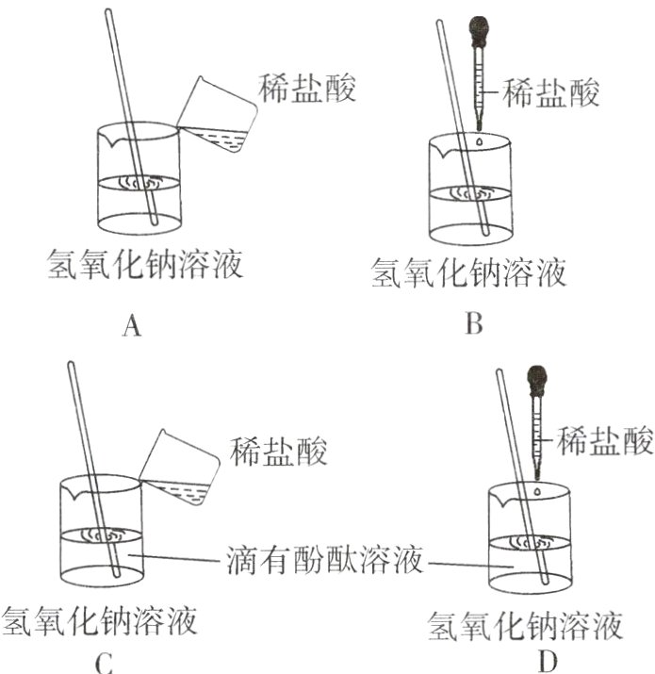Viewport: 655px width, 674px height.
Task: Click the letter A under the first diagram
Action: [x=132, y=327]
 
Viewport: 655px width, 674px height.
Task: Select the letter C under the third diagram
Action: [x=104, y=664]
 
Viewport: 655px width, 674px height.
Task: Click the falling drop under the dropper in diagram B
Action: [x=481, y=141]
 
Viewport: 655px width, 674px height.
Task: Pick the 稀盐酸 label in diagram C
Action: [x=279, y=452]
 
